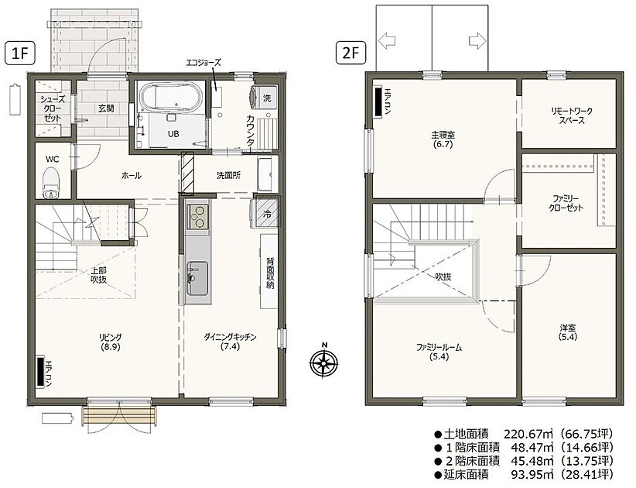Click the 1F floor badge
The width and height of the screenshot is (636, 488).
(x=20, y=53)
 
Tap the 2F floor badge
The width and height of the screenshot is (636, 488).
(x=350, y=53)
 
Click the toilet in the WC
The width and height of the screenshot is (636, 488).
(x=51, y=184)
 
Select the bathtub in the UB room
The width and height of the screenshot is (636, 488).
(x=171, y=97)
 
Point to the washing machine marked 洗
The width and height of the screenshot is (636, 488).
(x=263, y=98)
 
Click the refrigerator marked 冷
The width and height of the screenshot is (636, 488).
(x=267, y=214)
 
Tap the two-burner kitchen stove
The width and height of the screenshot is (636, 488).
(x=197, y=216)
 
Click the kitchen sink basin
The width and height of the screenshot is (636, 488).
(x=197, y=278)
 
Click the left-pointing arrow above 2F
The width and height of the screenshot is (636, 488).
(x=388, y=40)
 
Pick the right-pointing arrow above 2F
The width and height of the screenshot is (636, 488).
(x=477, y=40)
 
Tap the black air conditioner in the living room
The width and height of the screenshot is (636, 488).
(x=39, y=372)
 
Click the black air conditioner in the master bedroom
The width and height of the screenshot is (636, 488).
(x=378, y=102)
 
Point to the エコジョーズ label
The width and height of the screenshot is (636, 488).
(x=203, y=63)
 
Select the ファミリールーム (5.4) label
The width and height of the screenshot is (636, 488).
(x=439, y=352)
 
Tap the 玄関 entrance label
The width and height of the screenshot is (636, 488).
(x=106, y=108)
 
